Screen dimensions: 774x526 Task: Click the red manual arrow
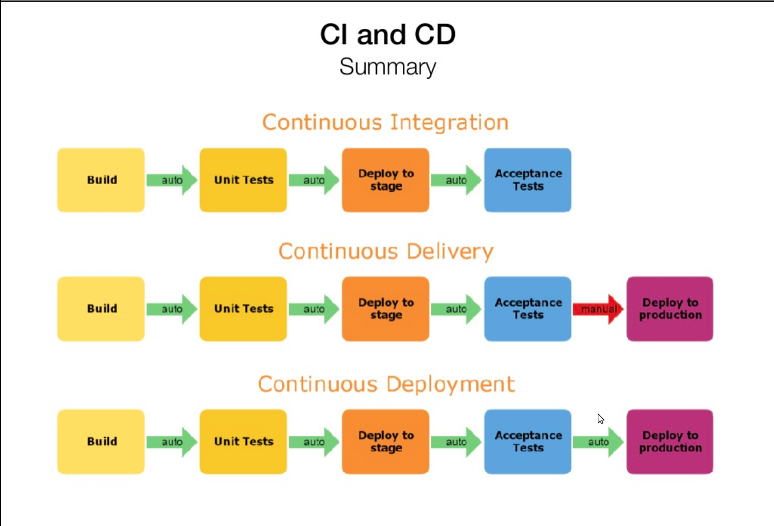coord(598,309)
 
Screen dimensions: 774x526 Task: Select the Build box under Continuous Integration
coord(101,180)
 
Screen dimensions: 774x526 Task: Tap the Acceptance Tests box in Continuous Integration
coord(527,180)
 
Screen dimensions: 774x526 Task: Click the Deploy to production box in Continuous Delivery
coord(670,309)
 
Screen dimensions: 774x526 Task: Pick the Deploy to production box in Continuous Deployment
coord(670,442)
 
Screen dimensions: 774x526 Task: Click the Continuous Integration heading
coord(385,122)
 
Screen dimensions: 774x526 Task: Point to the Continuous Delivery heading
coord(386,251)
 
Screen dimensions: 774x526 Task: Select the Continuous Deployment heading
coord(386,384)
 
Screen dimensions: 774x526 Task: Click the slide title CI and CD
coord(388,34)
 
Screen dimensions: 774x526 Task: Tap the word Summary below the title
coord(388,67)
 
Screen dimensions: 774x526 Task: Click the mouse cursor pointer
coord(601,419)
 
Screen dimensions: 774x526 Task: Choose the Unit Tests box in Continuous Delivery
coord(243,309)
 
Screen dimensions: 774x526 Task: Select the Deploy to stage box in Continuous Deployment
coord(386,442)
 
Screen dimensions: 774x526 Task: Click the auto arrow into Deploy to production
coord(598,442)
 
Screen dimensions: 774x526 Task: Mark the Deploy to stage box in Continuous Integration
coord(386,180)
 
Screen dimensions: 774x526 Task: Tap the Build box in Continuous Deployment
coord(101,442)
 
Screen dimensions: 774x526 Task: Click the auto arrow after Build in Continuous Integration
coord(172,180)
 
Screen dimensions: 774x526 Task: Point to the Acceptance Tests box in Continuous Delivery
coord(527,309)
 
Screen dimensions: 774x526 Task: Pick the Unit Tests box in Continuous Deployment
coord(243,442)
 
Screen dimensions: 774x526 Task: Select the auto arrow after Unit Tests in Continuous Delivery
coord(314,309)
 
